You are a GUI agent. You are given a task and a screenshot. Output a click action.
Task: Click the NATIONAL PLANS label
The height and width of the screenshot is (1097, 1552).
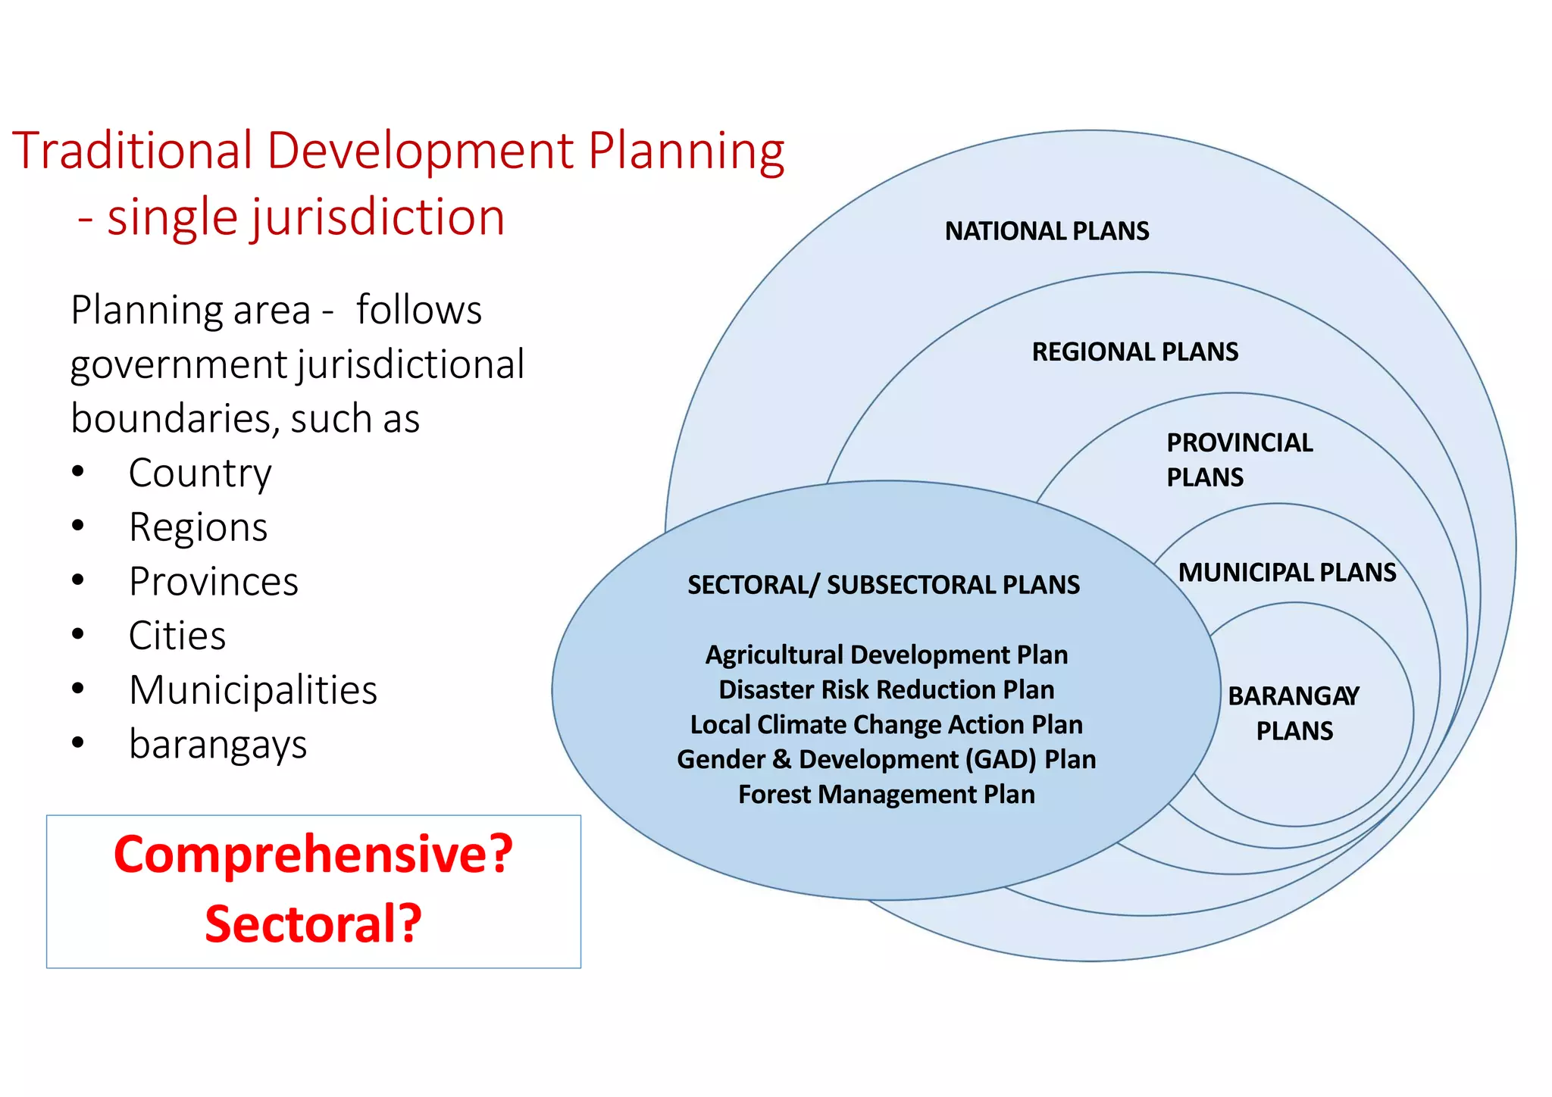pos(1047,230)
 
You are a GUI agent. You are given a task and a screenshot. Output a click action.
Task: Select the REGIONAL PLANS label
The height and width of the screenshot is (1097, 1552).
pos(1134,352)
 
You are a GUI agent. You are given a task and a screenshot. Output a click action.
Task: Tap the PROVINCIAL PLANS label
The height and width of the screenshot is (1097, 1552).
pos(1238,459)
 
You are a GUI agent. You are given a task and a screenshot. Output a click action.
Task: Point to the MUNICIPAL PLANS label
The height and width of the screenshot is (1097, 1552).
pos(1286,572)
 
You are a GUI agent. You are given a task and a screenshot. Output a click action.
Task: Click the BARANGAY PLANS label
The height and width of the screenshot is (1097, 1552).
pos(1294,713)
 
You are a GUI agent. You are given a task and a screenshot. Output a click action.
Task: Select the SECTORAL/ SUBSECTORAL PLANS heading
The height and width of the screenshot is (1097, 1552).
pos(884,585)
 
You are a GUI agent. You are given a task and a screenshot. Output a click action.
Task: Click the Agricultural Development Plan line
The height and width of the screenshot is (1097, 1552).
pos(886,655)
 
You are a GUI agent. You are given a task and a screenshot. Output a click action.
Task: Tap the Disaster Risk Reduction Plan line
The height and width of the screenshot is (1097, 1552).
pos(886,689)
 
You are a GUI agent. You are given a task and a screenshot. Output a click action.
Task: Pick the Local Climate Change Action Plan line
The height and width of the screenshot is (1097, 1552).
pos(886,724)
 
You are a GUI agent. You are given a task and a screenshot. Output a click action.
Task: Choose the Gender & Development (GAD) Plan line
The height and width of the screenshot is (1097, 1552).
pos(886,759)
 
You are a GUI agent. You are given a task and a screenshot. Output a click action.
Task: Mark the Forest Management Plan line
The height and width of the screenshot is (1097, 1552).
pos(886,794)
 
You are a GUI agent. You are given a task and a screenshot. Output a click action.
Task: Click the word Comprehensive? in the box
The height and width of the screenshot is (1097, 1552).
pos(313,855)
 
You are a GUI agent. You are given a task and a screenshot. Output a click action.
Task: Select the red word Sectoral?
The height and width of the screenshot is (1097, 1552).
pos(313,924)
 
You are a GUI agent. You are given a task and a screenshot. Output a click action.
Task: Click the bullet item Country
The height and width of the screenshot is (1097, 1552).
pos(200,473)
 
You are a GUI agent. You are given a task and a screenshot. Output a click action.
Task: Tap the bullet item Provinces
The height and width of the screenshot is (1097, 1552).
pos(214,582)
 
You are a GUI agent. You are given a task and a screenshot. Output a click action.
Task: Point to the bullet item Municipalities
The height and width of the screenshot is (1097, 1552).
pos(253,690)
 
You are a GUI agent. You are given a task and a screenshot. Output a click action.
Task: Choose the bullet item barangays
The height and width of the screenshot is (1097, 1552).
pos(218,744)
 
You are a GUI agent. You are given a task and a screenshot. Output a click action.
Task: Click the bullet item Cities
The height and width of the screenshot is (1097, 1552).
pos(177,636)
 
